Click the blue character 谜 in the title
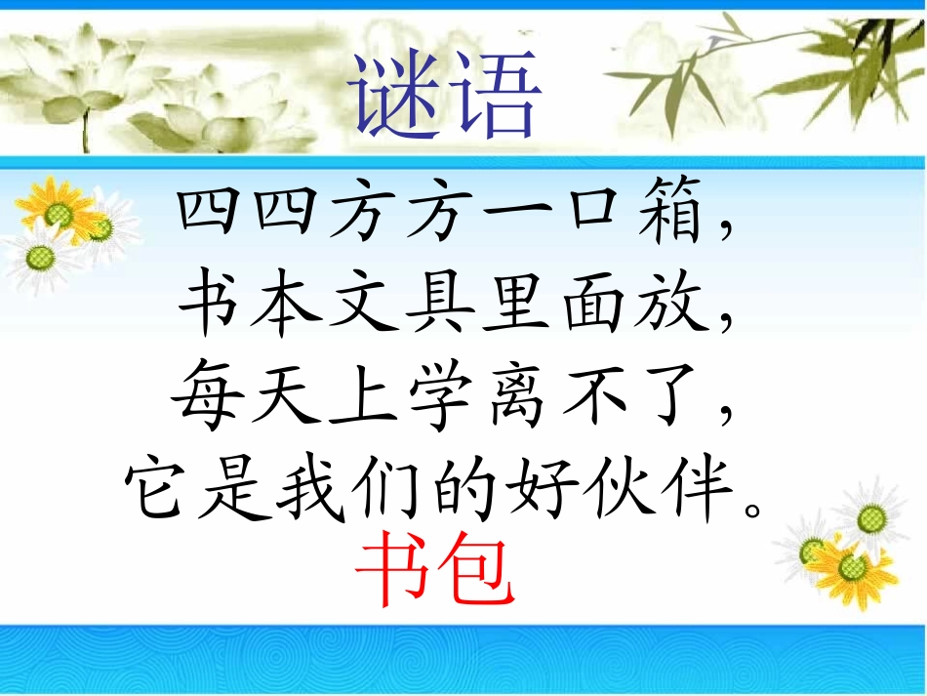[395, 96]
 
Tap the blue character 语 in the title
[492, 96]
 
